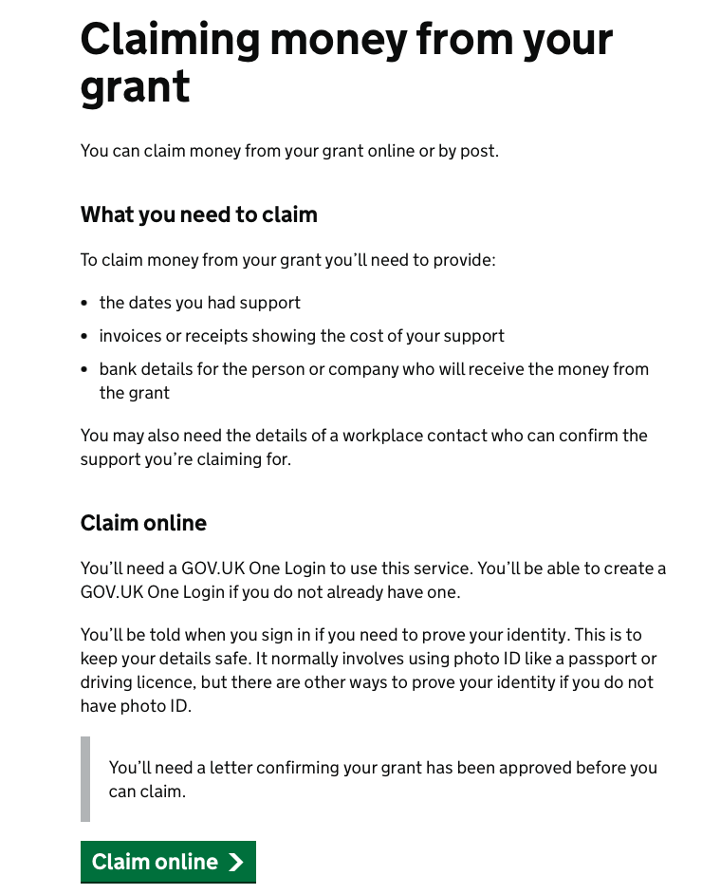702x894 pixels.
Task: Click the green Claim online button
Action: pyautogui.click(x=168, y=862)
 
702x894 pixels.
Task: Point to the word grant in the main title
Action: pyautogui.click(x=135, y=87)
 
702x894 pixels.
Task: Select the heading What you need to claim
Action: pyautogui.click(x=198, y=214)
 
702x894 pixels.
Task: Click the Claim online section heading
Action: pyautogui.click(x=143, y=523)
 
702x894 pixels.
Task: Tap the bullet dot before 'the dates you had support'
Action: pyautogui.click(x=85, y=304)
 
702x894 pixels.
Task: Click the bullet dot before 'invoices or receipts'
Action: pyautogui.click(x=85, y=337)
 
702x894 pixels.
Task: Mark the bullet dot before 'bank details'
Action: pyautogui.click(x=85, y=370)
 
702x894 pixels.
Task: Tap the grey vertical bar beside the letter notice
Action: pyautogui.click(x=85, y=778)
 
